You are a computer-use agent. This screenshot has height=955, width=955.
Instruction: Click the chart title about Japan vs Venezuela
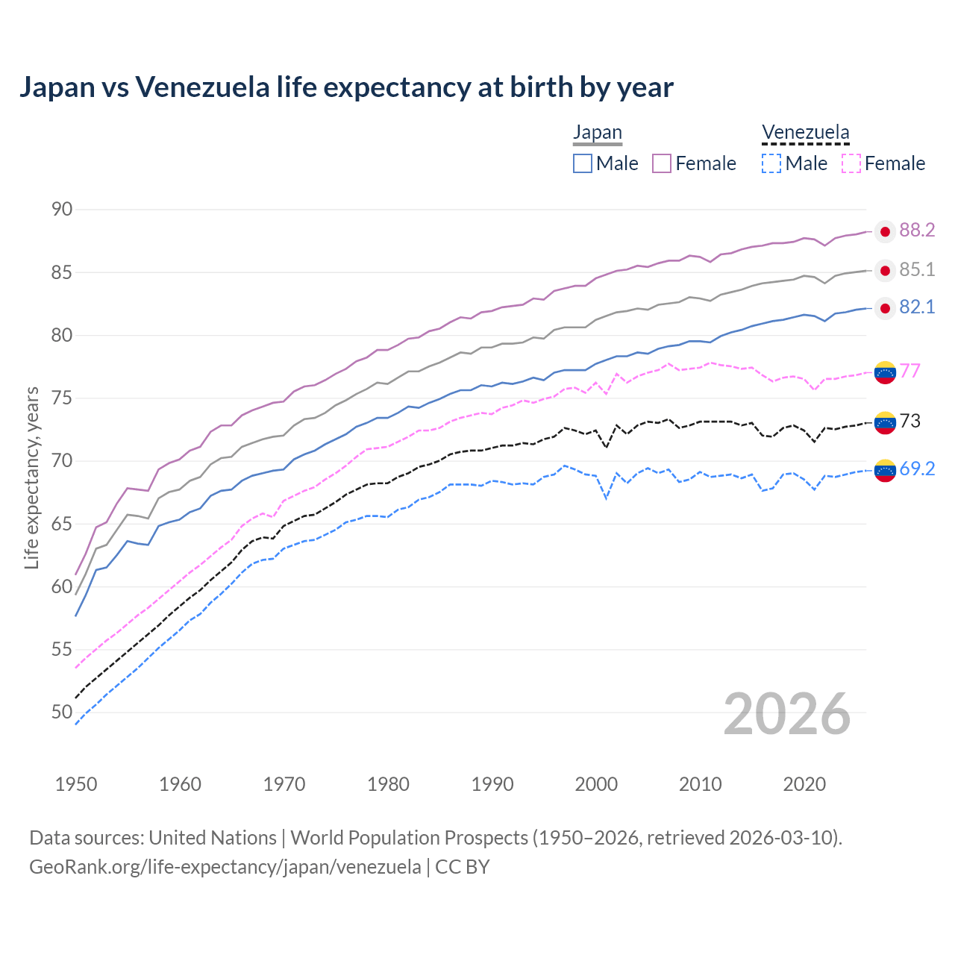tap(346, 87)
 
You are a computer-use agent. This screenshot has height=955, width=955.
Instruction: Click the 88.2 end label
tap(917, 231)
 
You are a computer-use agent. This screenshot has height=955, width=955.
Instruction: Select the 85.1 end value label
tap(917, 269)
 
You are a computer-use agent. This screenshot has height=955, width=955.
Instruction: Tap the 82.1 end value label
tap(917, 307)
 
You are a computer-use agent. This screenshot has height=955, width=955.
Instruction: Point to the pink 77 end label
tap(909, 371)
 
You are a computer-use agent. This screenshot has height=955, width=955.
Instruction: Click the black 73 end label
tap(909, 422)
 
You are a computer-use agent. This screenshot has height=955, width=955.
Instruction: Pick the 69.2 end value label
tap(917, 469)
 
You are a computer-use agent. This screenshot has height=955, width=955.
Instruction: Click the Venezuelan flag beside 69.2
tap(885, 471)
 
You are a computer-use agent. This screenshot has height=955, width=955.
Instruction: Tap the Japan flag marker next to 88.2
tap(885, 232)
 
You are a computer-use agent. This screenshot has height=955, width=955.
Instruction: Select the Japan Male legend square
tap(583, 163)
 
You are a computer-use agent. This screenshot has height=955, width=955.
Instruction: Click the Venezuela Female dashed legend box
tap(851, 163)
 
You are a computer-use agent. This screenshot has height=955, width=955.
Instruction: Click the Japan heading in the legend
tap(597, 133)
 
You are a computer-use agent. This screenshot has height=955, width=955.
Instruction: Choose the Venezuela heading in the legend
tap(805, 133)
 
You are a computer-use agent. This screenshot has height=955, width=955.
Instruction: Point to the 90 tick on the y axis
tap(62, 210)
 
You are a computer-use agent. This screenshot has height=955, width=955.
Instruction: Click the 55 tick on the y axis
tap(62, 650)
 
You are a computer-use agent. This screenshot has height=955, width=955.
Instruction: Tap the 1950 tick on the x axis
tap(76, 784)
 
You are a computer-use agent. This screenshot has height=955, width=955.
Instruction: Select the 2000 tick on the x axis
tap(596, 784)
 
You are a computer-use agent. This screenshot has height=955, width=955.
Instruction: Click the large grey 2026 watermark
tap(786, 715)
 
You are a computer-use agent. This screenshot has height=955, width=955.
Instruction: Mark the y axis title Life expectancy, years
tap(32, 477)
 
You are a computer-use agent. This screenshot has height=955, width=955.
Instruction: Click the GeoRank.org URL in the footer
tap(225, 867)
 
